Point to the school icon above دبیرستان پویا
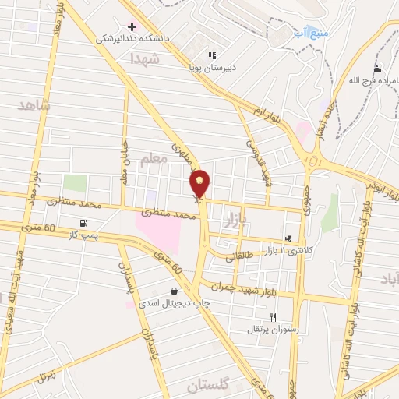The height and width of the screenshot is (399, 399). click(x=211, y=55)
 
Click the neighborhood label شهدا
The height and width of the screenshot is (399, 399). click(x=146, y=58)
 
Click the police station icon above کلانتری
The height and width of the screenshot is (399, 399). click(x=289, y=239)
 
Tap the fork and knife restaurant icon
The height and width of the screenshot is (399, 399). click(x=272, y=317)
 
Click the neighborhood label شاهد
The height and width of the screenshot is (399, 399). click(x=34, y=105)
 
